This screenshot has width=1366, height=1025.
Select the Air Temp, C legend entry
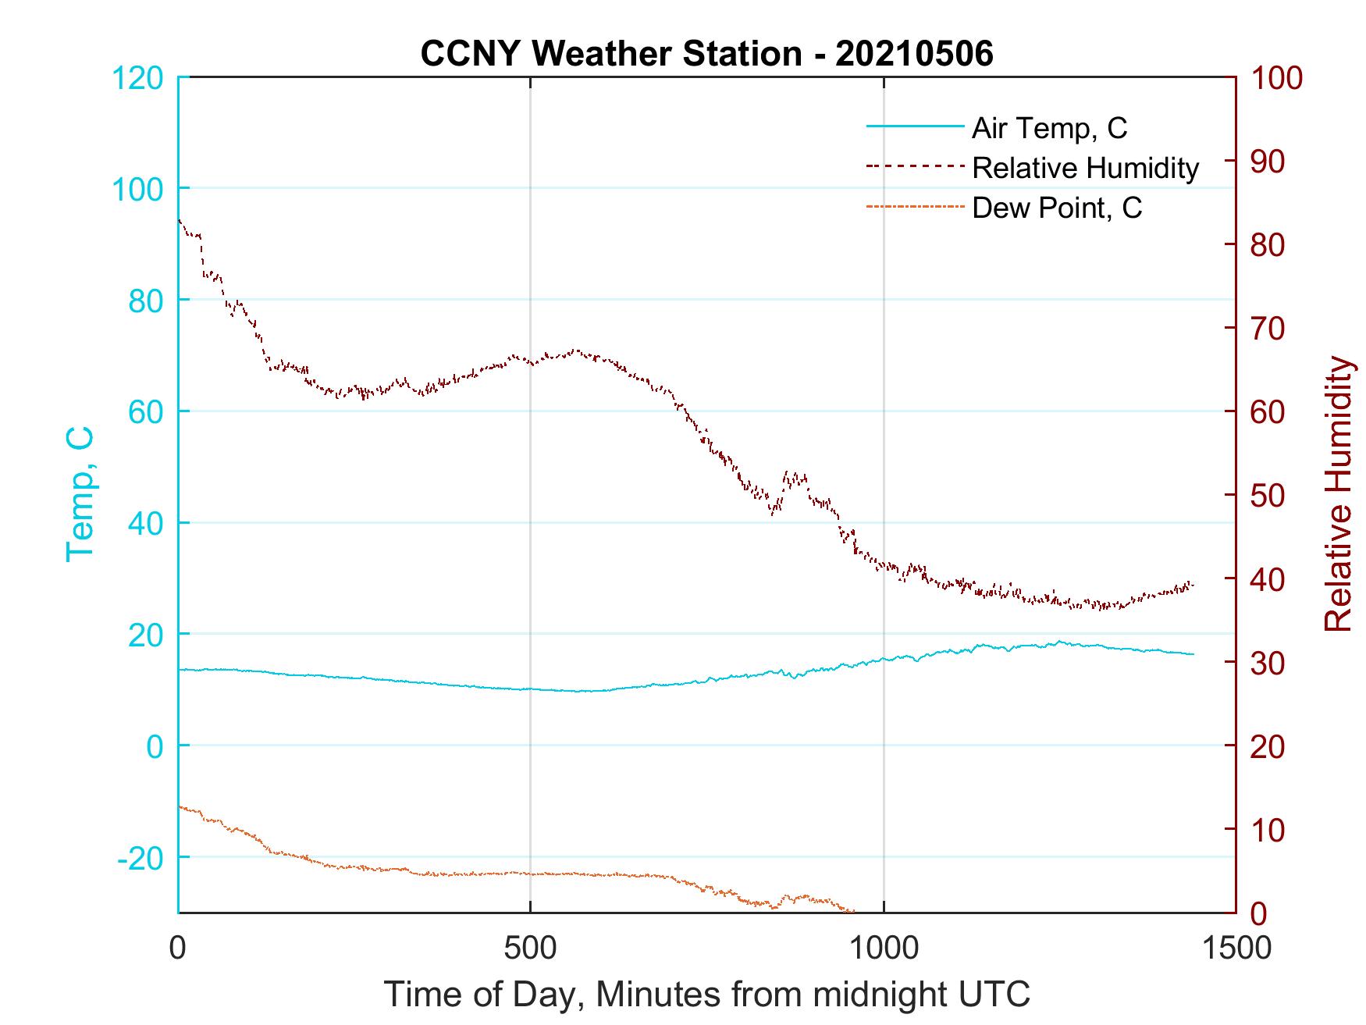click(1049, 127)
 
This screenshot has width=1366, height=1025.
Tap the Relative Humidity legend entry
click(1085, 168)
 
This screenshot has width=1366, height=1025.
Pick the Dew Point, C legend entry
click(1057, 208)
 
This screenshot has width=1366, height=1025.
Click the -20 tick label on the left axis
click(141, 858)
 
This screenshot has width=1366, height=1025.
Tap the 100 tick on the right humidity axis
click(1277, 77)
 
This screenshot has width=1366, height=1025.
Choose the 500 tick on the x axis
click(530, 948)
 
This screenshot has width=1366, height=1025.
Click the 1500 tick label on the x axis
click(1236, 948)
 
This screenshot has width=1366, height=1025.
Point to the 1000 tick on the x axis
click(883, 948)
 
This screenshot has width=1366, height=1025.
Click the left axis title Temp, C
click(80, 493)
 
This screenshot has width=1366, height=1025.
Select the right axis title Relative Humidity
click(1338, 493)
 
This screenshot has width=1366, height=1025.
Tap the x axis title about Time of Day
click(706, 995)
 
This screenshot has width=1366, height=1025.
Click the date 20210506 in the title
click(914, 54)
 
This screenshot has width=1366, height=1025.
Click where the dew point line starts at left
click(180, 806)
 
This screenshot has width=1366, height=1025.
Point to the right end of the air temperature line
click(1193, 654)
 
